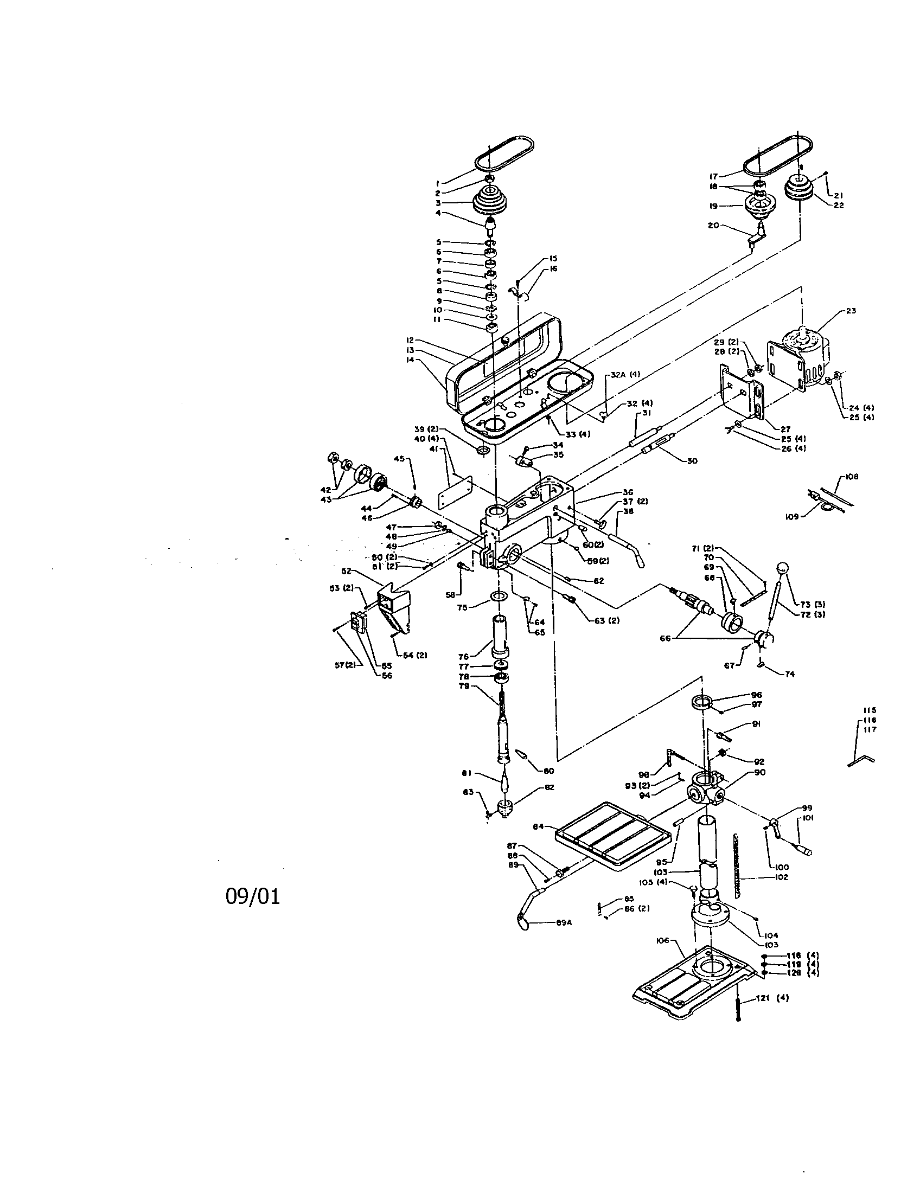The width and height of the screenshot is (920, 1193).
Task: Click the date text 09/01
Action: point(252,896)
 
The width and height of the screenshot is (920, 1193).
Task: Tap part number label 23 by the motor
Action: point(851,311)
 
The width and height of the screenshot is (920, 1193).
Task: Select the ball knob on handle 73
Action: point(784,569)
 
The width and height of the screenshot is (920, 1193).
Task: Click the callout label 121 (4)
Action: point(772,998)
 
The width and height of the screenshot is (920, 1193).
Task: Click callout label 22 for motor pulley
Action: point(839,206)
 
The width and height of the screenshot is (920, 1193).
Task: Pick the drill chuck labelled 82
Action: point(504,806)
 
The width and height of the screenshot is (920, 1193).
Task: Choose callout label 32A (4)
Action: point(625,374)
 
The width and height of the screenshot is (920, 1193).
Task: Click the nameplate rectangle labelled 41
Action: point(455,491)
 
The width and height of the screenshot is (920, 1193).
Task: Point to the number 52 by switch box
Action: point(346,571)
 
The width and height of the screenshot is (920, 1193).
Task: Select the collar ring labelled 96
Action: point(702,701)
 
